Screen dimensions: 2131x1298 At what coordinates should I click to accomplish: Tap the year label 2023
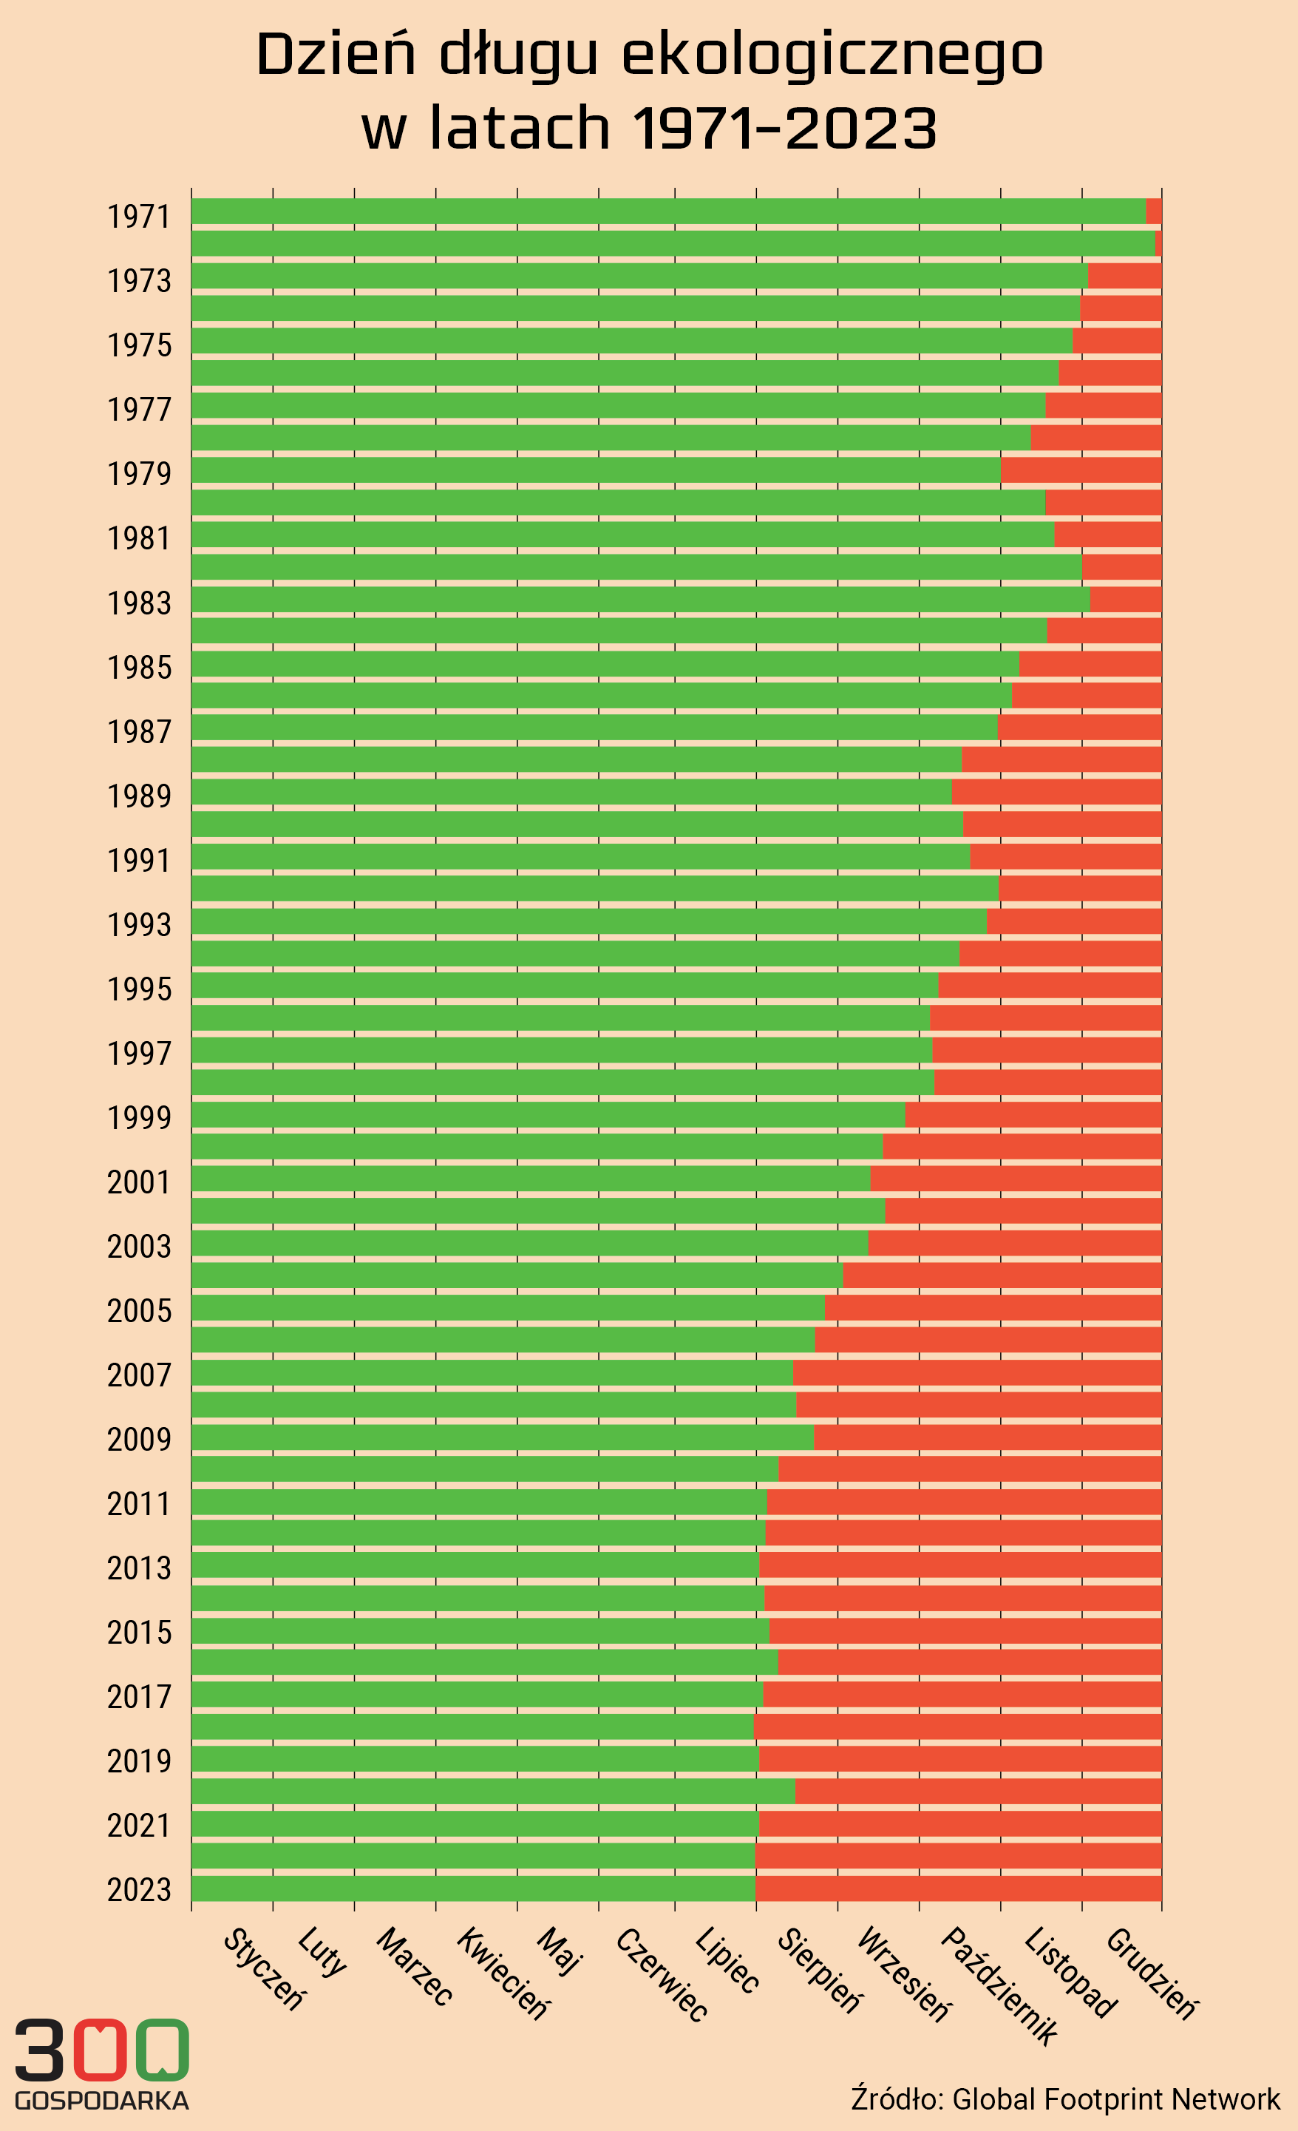tap(138, 1890)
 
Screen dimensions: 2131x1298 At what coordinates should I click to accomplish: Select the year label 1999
tap(138, 1118)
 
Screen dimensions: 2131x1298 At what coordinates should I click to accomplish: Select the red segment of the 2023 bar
tap(957, 1888)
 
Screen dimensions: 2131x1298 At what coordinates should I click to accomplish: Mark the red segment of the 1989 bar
tap(1056, 791)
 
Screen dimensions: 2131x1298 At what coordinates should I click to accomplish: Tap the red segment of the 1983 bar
tap(1125, 598)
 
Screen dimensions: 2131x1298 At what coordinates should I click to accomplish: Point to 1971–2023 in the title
tap(784, 128)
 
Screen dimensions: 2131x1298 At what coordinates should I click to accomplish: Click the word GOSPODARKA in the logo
tap(102, 2101)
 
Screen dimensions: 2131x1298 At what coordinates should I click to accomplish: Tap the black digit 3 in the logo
tap(39, 2050)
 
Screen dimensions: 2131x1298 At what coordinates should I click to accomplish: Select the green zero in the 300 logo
tap(162, 2050)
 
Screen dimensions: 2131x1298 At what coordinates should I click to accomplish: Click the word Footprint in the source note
tap(1094, 2099)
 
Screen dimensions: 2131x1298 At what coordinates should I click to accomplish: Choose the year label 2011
tap(138, 1504)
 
